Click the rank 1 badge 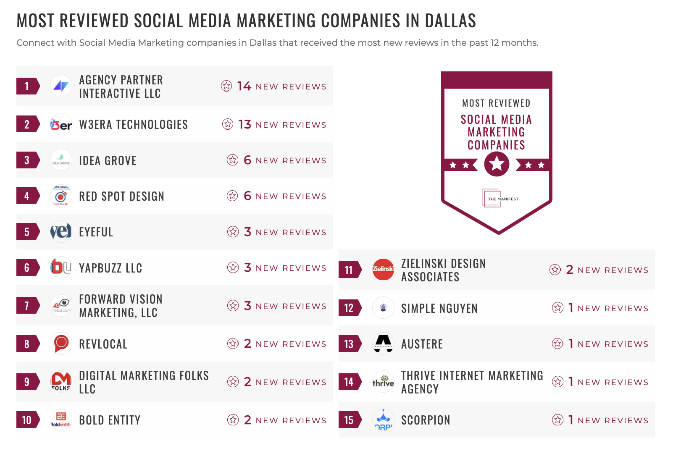(x=27, y=86)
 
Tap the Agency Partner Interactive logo (x=61, y=86)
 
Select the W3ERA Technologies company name (x=133, y=125)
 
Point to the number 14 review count (x=244, y=86)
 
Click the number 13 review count (x=244, y=125)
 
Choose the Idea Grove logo (x=61, y=160)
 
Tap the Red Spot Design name (x=121, y=197)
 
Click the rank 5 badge (x=27, y=232)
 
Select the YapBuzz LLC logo (x=61, y=267)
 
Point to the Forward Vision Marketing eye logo (x=61, y=305)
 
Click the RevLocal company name (x=103, y=344)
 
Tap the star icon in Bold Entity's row (x=233, y=420)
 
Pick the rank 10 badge (x=27, y=420)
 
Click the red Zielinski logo (x=383, y=270)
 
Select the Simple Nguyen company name (x=439, y=309)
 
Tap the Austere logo (x=383, y=344)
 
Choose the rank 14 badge (x=349, y=382)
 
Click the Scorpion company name (x=425, y=420)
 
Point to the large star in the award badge (x=497, y=164)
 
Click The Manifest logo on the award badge (x=499, y=199)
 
